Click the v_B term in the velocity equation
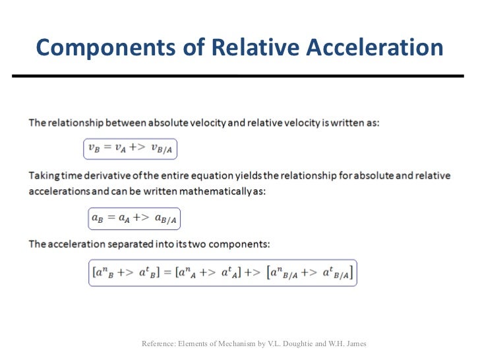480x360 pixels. [94, 150]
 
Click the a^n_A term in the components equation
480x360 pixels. [189, 273]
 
